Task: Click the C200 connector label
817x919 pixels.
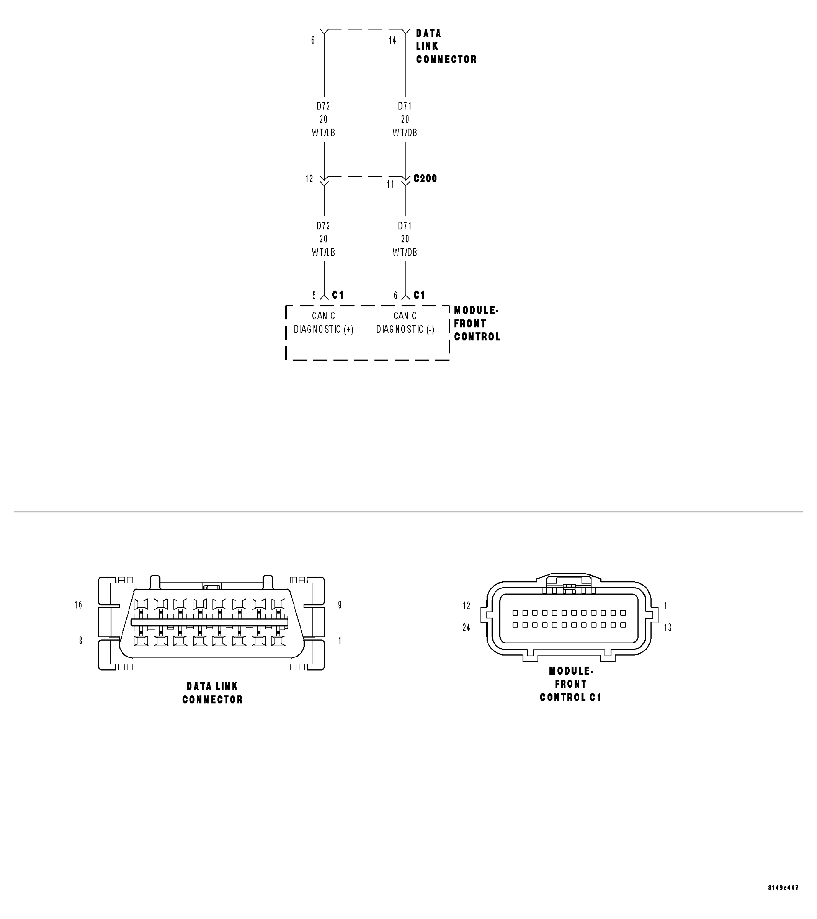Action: click(x=425, y=178)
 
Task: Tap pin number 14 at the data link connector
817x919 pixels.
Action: click(x=392, y=41)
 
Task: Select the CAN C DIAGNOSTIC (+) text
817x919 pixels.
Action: click(x=323, y=323)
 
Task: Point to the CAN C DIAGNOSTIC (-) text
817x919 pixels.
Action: click(x=405, y=323)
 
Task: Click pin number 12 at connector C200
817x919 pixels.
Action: click(x=309, y=179)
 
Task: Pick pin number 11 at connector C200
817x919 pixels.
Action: click(x=390, y=184)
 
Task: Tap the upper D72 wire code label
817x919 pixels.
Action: click(x=323, y=106)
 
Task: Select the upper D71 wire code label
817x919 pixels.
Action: click(x=405, y=106)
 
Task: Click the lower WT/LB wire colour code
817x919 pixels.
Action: click(x=323, y=252)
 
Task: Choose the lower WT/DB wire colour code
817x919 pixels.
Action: click(x=405, y=252)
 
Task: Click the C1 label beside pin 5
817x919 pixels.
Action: click(x=338, y=295)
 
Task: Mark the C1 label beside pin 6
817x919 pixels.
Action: click(x=419, y=295)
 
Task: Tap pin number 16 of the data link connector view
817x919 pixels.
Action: click(x=78, y=605)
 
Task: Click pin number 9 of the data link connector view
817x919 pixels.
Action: click(x=340, y=605)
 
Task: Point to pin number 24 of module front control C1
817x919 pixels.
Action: click(x=466, y=627)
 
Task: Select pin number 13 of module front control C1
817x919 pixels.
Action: click(x=668, y=627)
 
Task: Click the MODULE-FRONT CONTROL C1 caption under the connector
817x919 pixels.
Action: click(x=570, y=684)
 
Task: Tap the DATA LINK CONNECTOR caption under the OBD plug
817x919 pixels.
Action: click(x=212, y=693)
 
